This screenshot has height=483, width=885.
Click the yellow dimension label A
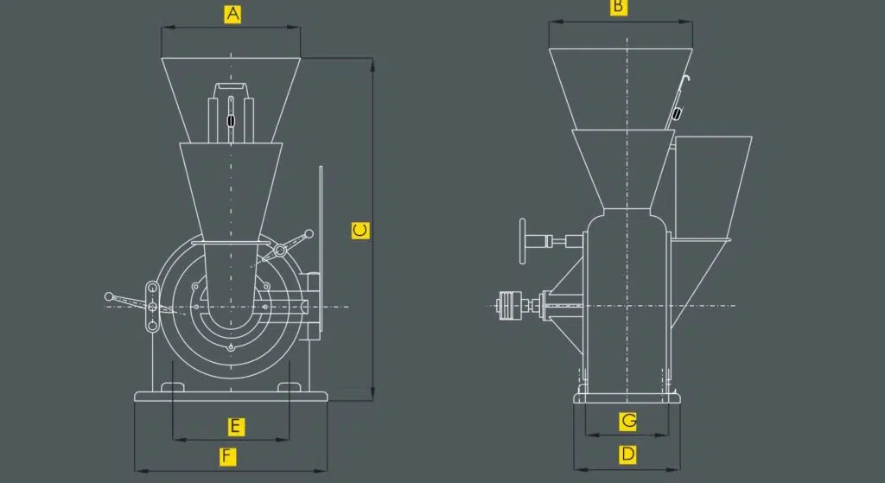pos(232,14)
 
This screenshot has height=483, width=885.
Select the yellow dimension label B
pos(619,7)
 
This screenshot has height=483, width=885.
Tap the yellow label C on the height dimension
pos(360,230)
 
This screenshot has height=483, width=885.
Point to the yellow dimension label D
pos(627,454)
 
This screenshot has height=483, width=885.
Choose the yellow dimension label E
pos(236,427)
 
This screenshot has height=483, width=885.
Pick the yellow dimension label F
pos(227,456)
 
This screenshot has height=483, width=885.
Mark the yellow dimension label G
pos(627,421)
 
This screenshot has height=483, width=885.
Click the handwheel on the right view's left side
pos(523,242)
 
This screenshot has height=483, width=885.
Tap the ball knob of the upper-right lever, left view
pos(309,233)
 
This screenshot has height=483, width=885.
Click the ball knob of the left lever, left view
pos(109,296)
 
